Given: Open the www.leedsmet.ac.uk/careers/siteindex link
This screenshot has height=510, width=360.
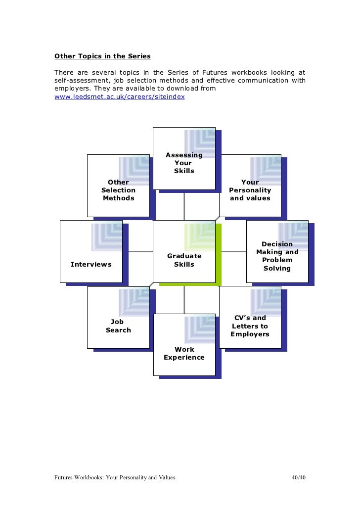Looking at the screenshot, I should [x=119, y=97].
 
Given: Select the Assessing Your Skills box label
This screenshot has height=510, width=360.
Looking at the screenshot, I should [x=184, y=163].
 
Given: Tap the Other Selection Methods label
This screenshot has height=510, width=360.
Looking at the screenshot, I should [x=118, y=190].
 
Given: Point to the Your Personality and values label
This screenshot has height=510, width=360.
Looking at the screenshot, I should [x=250, y=190].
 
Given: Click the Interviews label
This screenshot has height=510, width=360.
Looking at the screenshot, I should [x=91, y=264].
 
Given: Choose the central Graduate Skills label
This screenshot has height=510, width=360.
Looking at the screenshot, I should [x=184, y=260].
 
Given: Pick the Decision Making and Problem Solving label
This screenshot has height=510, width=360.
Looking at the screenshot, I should [x=277, y=256].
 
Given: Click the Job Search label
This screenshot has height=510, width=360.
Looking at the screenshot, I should [x=118, y=326].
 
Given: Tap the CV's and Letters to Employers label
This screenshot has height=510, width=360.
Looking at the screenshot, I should [x=250, y=326].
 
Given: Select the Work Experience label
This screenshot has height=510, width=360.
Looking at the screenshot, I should [x=184, y=353].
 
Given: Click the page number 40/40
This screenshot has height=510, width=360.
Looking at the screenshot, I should [x=299, y=477].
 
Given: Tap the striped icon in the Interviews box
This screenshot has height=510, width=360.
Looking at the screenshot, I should [x=106, y=237].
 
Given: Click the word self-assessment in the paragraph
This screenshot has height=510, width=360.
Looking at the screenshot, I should [x=81, y=81].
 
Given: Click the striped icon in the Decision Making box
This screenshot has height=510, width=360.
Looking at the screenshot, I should [x=293, y=233].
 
